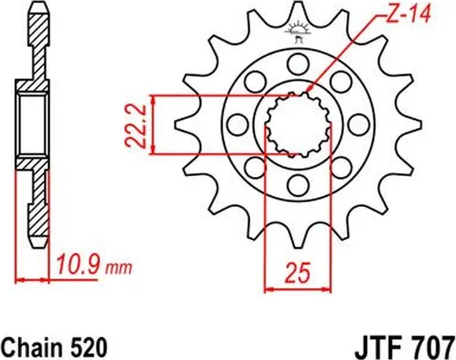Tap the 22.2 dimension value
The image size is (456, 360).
[x=136, y=123]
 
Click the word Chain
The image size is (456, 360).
[x=32, y=346]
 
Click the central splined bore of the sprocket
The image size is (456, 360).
[x=297, y=123]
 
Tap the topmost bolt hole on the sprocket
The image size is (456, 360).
[x=297, y=62]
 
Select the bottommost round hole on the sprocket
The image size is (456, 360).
[x=297, y=185]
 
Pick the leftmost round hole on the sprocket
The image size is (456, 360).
[x=236, y=123]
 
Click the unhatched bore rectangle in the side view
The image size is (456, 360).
[x=34, y=123]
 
